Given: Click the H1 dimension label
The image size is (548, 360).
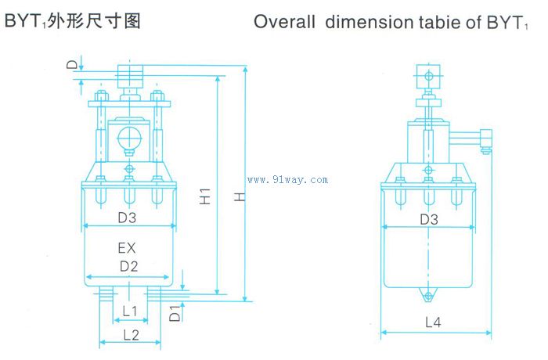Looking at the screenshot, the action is point(205,196).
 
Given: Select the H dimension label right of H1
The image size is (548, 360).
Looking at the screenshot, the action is point(240,196).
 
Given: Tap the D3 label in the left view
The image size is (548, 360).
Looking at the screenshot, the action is point(127,218).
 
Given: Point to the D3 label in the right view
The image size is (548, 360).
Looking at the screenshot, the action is point(429,219).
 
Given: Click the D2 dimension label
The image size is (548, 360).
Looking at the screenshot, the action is point(128,266).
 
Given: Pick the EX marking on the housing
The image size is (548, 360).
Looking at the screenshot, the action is point(127,248).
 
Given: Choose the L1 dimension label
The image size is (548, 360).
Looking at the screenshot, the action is point(130,311).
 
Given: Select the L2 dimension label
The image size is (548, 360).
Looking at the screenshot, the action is point(131,335).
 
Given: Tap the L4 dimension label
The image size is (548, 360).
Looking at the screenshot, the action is point(433,322).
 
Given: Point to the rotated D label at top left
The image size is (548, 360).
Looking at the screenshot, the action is point(72,65).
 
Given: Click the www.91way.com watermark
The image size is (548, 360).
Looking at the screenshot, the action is point(287,180).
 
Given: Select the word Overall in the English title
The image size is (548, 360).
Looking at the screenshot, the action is point(284,22).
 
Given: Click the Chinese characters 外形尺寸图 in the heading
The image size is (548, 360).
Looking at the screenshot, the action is point(95,21).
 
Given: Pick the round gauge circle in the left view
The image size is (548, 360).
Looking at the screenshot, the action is point(129,138).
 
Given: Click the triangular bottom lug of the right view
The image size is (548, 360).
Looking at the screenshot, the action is point(428,294).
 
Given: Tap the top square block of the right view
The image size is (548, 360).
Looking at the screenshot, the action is point(428,76).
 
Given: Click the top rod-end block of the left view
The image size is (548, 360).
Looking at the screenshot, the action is point(130,77).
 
